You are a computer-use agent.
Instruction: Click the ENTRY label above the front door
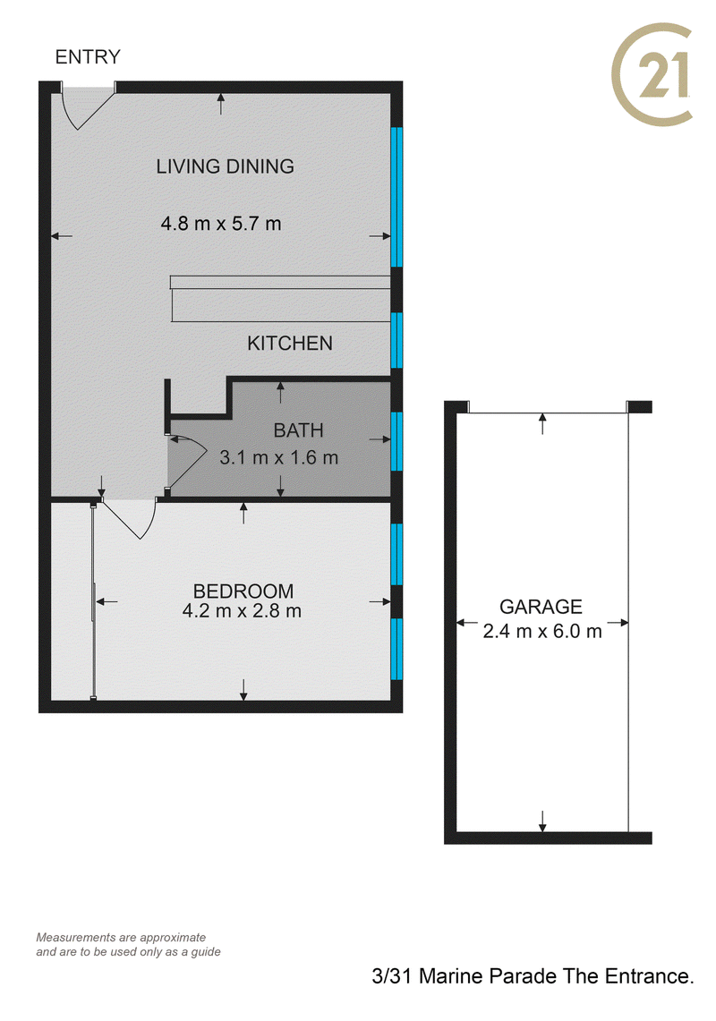click(88, 57)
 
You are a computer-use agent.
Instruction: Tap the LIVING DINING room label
click(225, 166)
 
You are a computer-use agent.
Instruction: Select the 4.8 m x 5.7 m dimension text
click(221, 224)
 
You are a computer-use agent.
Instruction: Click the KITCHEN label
click(290, 343)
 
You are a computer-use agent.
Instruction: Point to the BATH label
click(298, 430)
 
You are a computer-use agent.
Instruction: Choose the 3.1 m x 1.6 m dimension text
click(279, 458)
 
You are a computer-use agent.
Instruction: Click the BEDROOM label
click(243, 591)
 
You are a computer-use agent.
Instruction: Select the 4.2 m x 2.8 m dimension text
click(242, 611)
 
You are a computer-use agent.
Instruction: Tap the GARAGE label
click(541, 607)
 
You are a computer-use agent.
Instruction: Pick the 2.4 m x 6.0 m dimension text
click(542, 631)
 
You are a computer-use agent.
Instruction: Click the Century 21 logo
click(652, 74)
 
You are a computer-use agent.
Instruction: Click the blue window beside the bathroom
click(396, 441)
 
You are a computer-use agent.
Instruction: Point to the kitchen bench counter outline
click(280, 298)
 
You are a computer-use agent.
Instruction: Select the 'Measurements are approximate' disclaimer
click(121, 938)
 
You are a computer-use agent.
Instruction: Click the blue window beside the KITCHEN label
click(396, 340)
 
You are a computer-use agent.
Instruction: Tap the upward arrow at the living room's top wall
click(221, 104)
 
